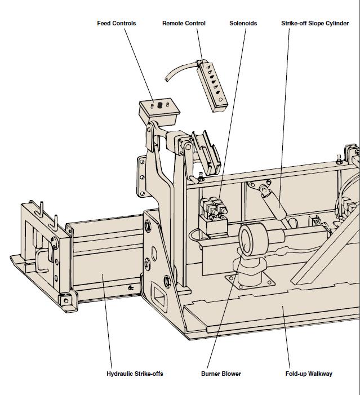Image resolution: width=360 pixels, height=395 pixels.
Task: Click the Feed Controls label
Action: click(x=116, y=23)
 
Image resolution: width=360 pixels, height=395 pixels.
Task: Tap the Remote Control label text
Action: click(x=184, y=23)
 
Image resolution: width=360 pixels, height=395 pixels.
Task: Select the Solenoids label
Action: click(x=243, y=23)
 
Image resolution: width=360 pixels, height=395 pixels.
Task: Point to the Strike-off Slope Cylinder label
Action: click(x=314, y=23)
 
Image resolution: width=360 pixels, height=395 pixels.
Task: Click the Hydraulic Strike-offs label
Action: click(x=135, y=374)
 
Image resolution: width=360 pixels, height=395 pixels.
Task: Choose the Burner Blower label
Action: click(x=221, y=374)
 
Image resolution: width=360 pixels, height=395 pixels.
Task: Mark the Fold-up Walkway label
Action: click(x=309, y=374)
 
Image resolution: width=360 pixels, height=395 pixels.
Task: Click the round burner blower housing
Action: click(x=252, y=239)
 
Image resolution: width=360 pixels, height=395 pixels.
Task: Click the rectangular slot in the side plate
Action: click(x=161, y=294)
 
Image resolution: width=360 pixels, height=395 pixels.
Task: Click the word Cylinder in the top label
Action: click(x=336, y=23)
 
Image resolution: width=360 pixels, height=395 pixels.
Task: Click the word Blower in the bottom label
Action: click(x=230, y=374)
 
